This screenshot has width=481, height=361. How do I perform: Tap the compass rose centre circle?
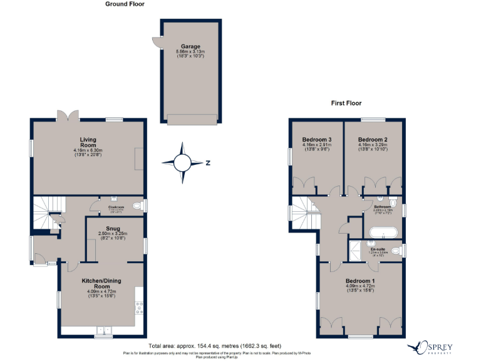(x=182, y=163)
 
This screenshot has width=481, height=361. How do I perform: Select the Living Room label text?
(x=87, y=142)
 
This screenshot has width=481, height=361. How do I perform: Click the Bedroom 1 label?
(x=360, y=280)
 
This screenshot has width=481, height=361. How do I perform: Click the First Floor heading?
(x=346, y=103)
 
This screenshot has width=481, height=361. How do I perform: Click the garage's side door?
(x=156, y=42)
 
